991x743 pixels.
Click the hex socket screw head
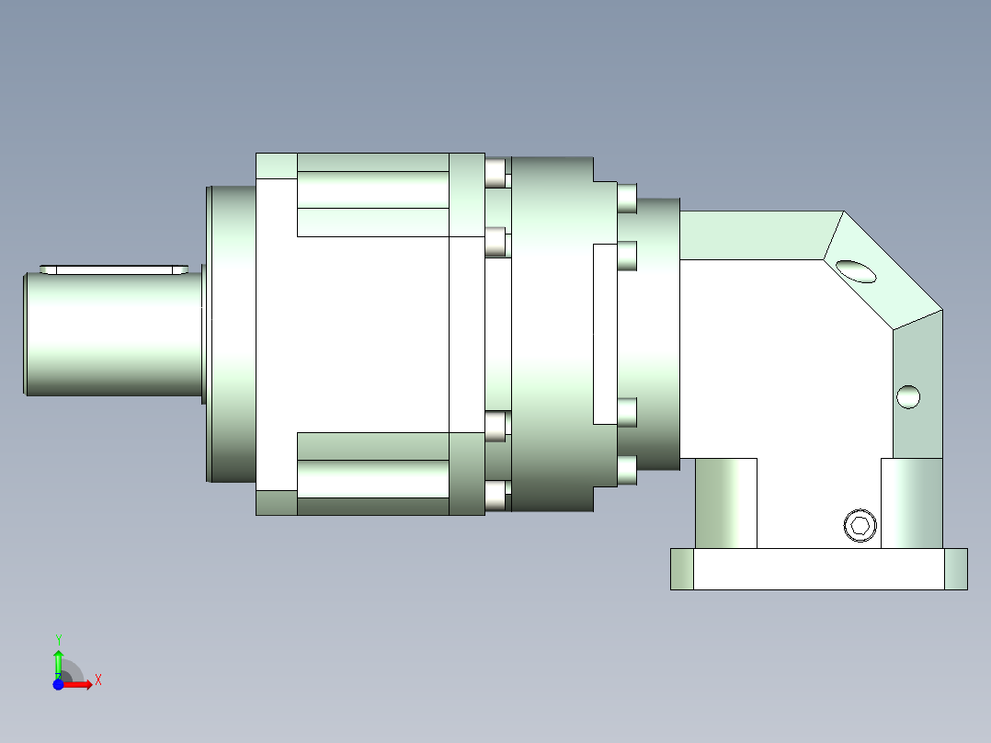point(860,525)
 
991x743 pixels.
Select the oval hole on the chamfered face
point(856,271)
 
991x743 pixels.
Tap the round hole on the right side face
point(908,397)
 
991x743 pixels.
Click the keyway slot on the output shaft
point(114,270)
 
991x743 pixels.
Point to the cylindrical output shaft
point(114,334)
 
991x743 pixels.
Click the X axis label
point(98,680)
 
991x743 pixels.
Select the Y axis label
point(58,640)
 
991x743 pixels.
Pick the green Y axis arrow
point(58,664)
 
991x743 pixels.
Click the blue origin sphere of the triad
point(58,685)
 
